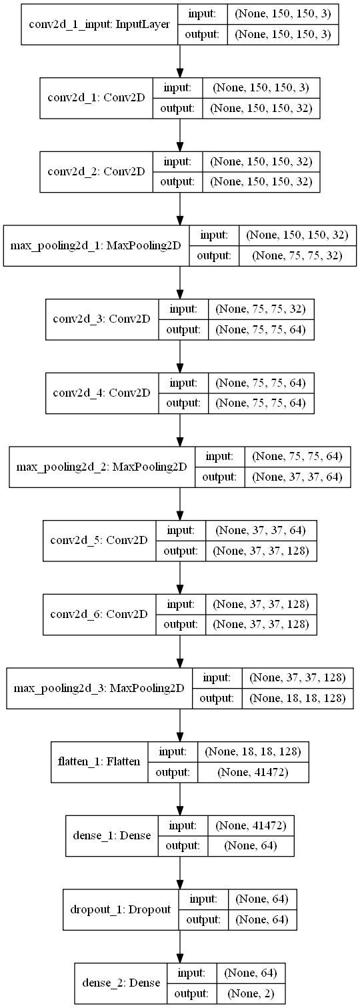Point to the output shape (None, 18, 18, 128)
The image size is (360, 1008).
pos(297,697)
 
